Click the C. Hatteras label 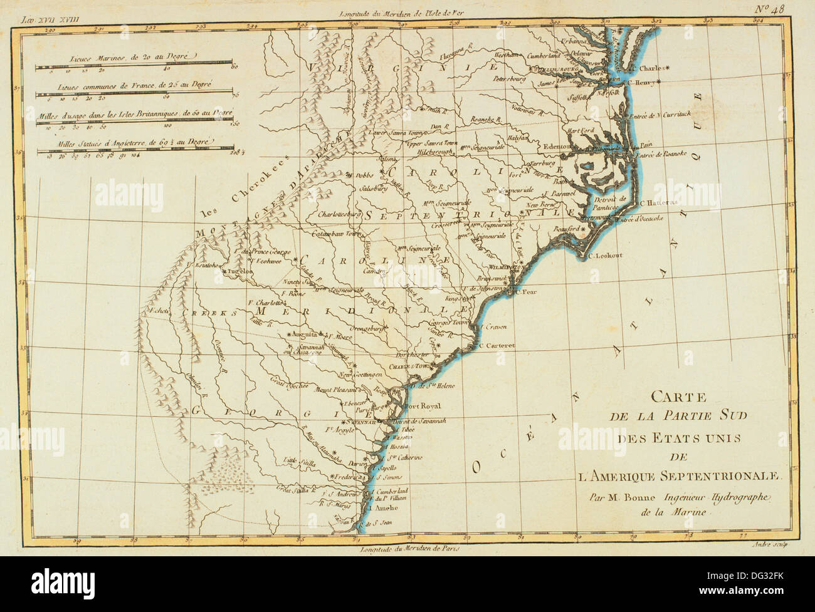[660, 202]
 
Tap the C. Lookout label [605, 256]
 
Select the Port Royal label [422, 405]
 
